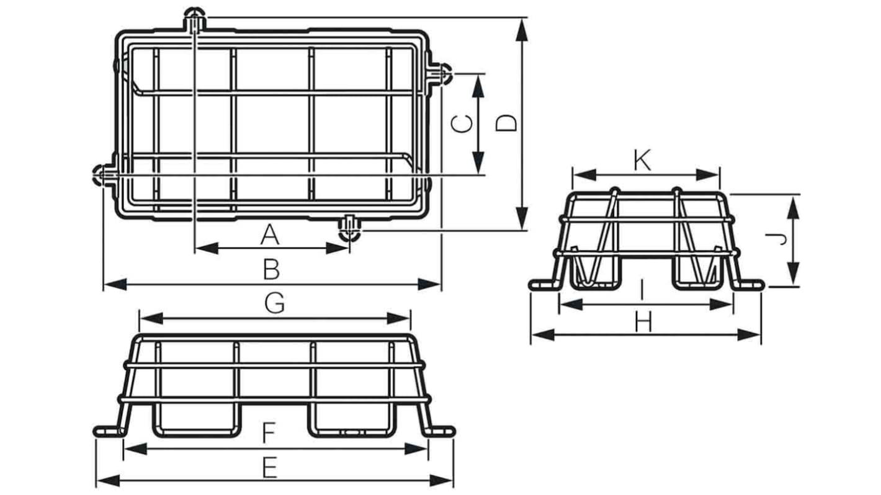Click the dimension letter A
point(269,236)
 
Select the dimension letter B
point(272,270)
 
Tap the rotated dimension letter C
point(462,123)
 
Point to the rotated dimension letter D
point(508,123)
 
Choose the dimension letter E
point(269,469)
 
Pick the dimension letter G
point(275,303)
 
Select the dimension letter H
point(644,322)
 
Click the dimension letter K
point(643,161)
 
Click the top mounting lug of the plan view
point(195,20)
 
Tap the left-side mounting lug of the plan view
point(102,175)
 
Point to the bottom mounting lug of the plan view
point(349,229)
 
